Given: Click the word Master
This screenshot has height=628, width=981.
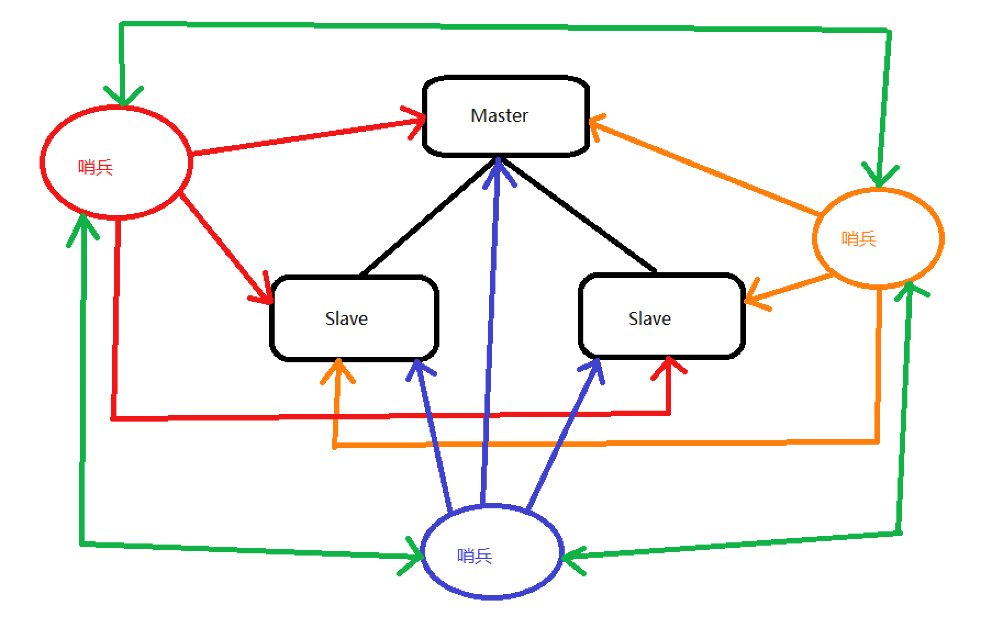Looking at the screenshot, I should (499, 116).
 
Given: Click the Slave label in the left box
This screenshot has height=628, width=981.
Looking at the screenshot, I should (346, 319).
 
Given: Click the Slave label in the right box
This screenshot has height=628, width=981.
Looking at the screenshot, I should (649, 319).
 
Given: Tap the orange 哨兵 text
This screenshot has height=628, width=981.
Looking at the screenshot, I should (859, 239).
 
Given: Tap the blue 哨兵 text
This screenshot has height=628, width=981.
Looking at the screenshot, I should (475, 556).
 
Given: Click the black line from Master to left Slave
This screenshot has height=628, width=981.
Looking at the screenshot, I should (428, 217).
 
